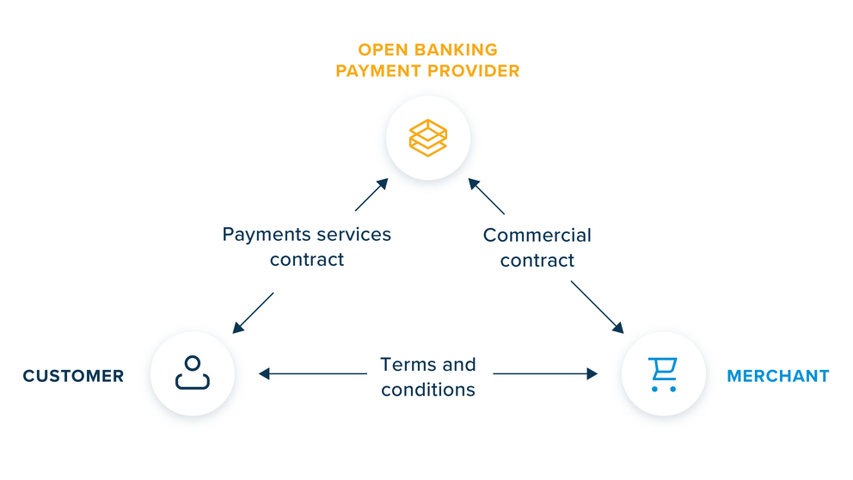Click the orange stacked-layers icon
click(427, 137)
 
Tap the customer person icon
click(192, 373)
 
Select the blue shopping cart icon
click(663, 374)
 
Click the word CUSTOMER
click(73, 376)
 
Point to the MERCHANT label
click(777, 376)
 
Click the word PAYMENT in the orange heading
click(380, 71)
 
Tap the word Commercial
click(537, 235)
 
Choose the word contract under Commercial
click(537, 260)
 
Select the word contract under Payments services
click(306, 260)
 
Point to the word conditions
click(427, 389)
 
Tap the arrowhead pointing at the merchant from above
click(617, 328)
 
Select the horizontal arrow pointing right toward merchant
click(545, 373)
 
